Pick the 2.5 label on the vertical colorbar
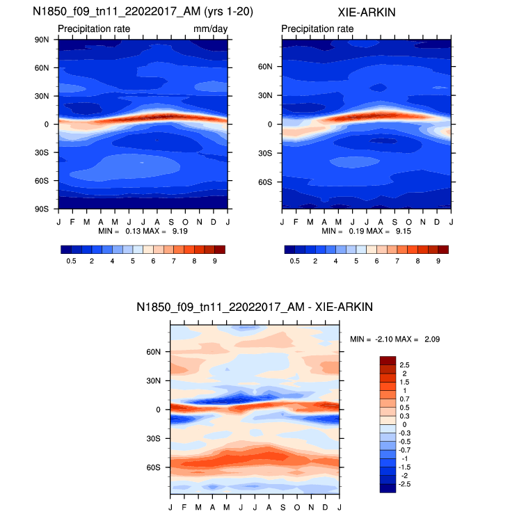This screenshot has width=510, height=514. (x=404, y=364)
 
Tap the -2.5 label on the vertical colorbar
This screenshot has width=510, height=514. (x=406, y=483)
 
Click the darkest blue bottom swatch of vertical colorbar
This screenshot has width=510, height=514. (x=387, y=488)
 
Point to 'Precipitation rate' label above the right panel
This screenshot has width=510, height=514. (x=317, y=29)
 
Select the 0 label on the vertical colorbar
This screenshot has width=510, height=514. (x=401, y=424)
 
